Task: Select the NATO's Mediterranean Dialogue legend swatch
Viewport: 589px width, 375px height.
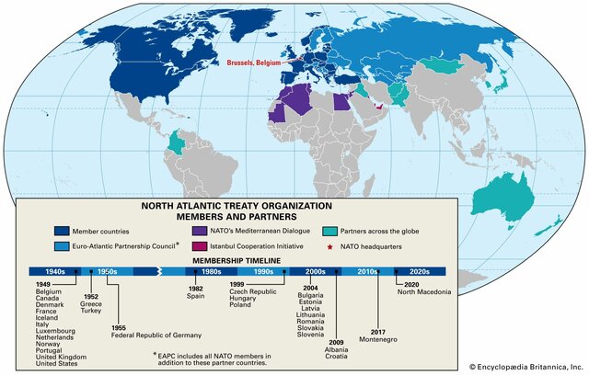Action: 200,231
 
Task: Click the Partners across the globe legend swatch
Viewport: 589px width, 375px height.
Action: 330,231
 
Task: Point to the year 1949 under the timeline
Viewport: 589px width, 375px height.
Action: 44,285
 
